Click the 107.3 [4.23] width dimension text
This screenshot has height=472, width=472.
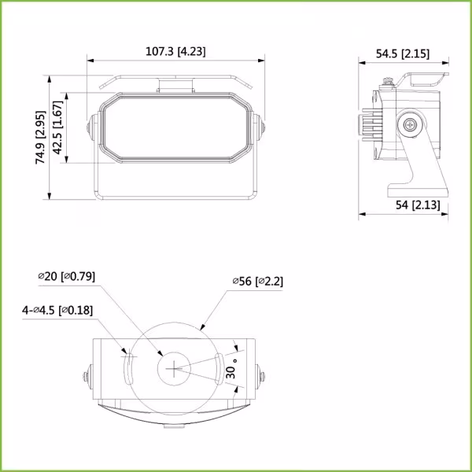[x=176, y=51]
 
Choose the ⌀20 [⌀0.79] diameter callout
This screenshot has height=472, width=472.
[x=66, y=276]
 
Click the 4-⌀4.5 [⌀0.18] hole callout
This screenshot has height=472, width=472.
[x=57, y=310]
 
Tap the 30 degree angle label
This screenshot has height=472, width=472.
[x=230, y=370]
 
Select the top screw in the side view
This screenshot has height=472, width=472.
[x=388, y=80]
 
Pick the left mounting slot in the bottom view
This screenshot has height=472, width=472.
[x=127, y=367]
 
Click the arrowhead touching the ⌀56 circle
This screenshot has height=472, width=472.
[x=204, y=325]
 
